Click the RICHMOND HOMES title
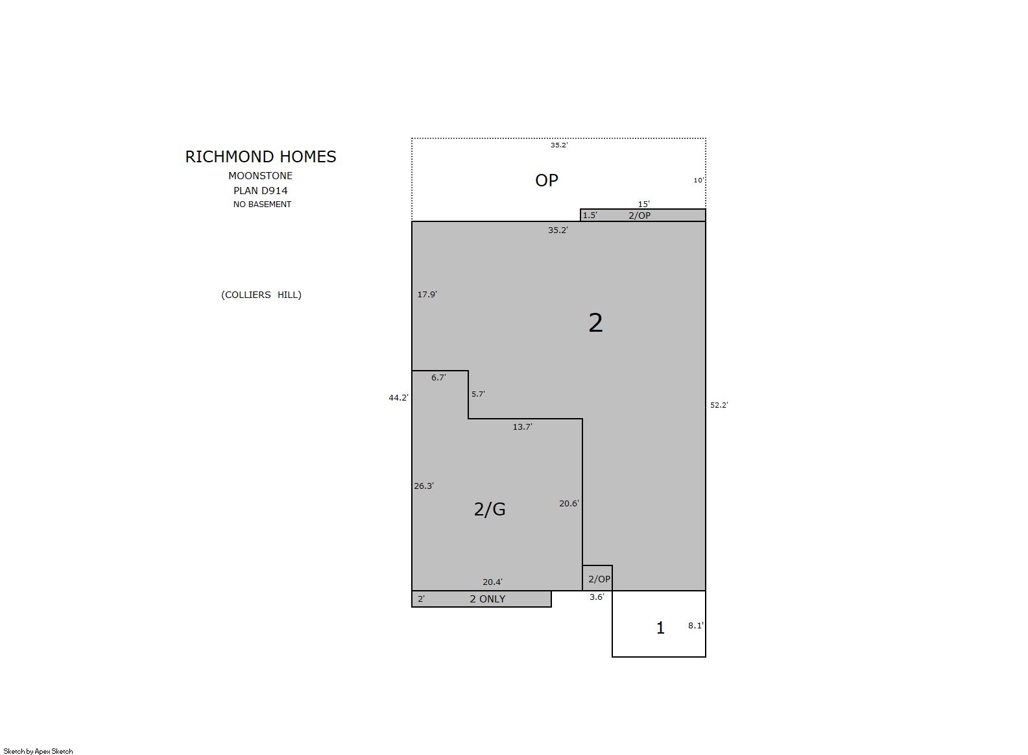[x=261, y=156]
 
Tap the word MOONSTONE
[x=260, y=175]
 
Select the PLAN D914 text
[x=260, y=191]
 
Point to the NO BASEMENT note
[x=262, y=204]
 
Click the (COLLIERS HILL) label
[x=261, y=295]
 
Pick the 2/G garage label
[x=490, y=510]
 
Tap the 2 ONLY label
[x=487, y=599]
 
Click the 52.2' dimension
[x=719, y=405]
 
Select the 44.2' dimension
[x=398, y=398]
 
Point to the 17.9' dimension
[x=427, y=294]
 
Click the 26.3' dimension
[x=424, y=486]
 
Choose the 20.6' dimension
[x=569, y=503]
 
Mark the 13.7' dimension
[x=522, y=427]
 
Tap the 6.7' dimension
[x=438, y=378]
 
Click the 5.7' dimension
[x=478, y=394]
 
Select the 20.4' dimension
[x=492, y=582]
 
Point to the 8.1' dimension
[x=696, y=626]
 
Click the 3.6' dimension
[x=597, y=597]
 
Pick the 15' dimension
[x=644, y=204]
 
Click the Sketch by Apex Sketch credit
[x=38, y=751]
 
